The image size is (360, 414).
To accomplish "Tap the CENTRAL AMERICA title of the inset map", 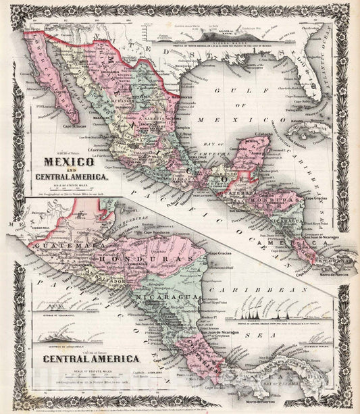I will click(92, 359).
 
